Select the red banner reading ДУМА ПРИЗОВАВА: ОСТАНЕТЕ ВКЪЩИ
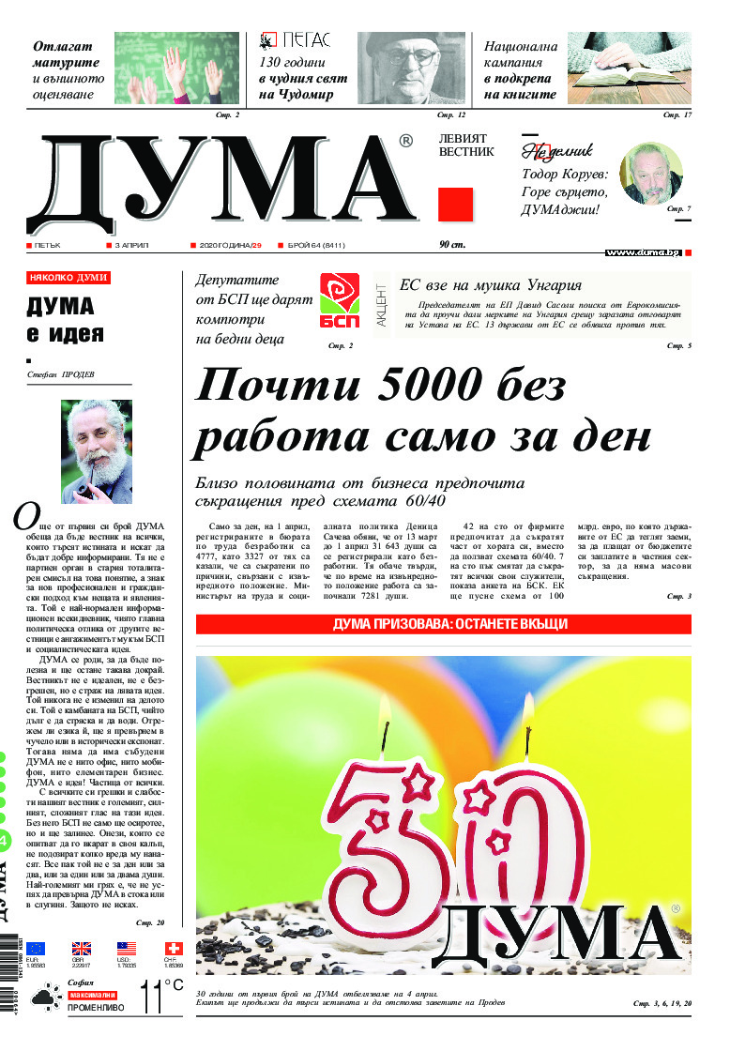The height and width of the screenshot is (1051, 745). click(x=444, y=624)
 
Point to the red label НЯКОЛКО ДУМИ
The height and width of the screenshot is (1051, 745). click(x=68, y=278)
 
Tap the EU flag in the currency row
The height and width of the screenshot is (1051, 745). click(x=37, y=948)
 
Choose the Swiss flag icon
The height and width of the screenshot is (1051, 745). click(x=172, y=948)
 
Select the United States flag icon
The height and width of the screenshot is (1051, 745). click(x=127, y=948)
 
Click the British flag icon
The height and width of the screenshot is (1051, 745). click(x=82, y=948)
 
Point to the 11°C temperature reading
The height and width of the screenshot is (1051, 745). click(x=160, y=997)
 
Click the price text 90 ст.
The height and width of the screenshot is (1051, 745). click(x=452, y=245)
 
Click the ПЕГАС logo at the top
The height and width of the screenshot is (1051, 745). click(x=295, y=39)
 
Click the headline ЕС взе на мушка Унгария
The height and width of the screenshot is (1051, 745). click(x=491, y=285)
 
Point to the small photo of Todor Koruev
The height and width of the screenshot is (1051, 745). click(x=651, y=173)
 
